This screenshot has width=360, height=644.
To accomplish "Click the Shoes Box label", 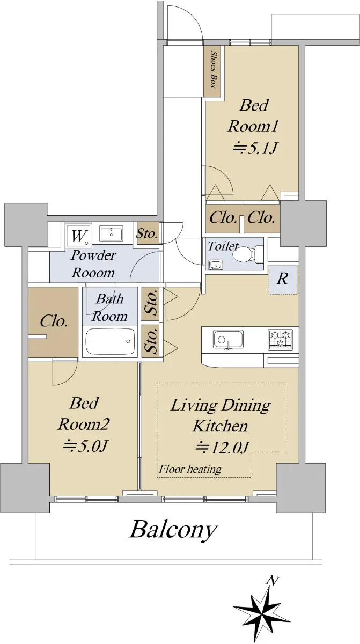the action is coord(214,70).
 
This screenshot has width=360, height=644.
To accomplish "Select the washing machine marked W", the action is coord(78,236).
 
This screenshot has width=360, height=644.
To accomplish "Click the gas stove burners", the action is coord(280,340).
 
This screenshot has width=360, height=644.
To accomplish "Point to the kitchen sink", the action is coord(228,340).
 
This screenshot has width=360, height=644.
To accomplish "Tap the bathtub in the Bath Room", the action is coord(111,341).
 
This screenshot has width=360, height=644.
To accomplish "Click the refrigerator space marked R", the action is coord(283,280).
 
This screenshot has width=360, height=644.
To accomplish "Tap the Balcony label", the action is coord(173,529).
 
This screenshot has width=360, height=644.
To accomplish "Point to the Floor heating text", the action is coord(190,470).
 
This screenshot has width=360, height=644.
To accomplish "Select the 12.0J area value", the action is coord(222,448).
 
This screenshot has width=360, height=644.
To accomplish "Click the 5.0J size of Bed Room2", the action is coord(85,446).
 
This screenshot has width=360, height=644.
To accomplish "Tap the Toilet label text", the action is coord(223,246).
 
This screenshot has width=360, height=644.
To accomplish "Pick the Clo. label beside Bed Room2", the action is coord(54,321).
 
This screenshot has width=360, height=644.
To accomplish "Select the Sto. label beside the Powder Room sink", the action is coord(147,233).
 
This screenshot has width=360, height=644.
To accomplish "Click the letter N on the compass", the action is coord(273,581).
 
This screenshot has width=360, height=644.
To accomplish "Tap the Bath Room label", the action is coord(110,308).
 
